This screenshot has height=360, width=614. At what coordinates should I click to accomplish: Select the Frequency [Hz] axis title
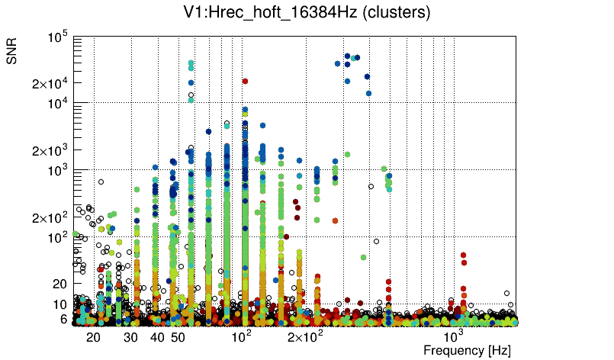click(x=467, y=350)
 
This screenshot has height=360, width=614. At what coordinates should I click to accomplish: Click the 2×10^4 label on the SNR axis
click(x=50, y=83)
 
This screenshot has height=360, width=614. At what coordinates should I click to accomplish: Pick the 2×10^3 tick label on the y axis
click(x=50, y=150)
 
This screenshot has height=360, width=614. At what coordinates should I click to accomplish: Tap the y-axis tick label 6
click(x=65, y=319)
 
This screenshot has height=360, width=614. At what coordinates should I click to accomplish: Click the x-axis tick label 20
click(x=93, y=336)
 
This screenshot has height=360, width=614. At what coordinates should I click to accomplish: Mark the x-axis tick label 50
click(x=178, y=336)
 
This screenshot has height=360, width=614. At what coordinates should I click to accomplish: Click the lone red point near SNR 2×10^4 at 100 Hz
click(x=245, y=81)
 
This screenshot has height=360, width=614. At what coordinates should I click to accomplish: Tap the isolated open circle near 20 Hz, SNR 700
click(x=101, y=182)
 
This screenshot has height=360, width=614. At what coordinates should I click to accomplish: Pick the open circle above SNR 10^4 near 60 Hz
click(x=191, y=95)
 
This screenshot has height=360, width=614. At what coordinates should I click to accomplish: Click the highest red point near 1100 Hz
click(x=463, y=256)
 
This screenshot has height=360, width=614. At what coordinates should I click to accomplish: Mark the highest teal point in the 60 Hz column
click(x=191, y=66)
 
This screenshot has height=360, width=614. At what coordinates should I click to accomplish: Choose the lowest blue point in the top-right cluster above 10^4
click(x=368, y=94)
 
